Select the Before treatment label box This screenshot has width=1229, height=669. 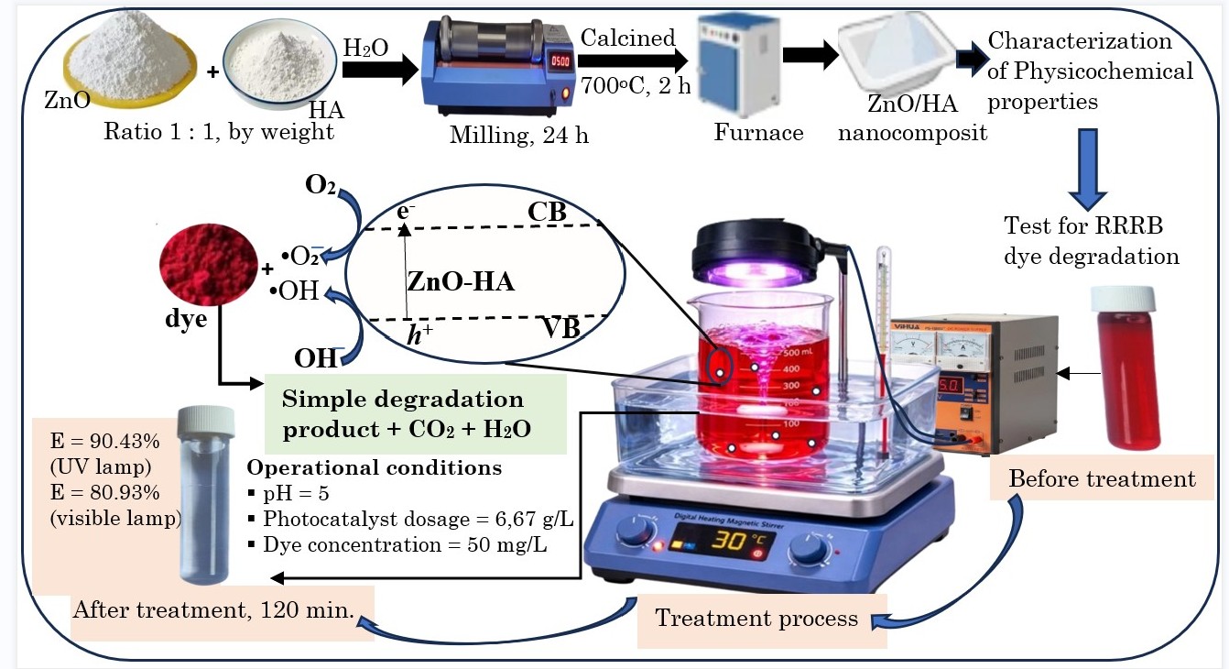click(1102, 478)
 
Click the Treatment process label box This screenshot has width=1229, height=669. click(756, 619)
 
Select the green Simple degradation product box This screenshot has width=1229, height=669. click(416, 414)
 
